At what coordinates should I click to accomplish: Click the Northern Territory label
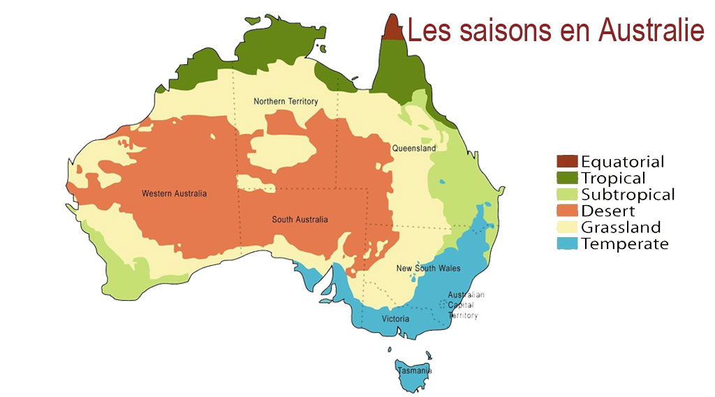click(x=286, y=102)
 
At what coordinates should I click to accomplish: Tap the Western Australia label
click(x=174, y=193)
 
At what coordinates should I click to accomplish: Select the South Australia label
click(x=300, y=220)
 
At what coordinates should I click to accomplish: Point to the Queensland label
click(x=413, y=149)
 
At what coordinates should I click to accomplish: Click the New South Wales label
click(x=428, y=269)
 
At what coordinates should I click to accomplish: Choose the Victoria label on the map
click(x=395, y=319)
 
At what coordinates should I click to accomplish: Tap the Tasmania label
click(x=414, y=370)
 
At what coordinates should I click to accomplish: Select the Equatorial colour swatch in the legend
click(x=567, y=163)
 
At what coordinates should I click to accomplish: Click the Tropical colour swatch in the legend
click(x=567, y=179)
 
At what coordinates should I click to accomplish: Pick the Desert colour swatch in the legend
click(x=567, y=211)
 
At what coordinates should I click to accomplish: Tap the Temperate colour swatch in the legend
click(x=567, y=244)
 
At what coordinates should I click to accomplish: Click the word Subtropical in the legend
click(x=628, y=195)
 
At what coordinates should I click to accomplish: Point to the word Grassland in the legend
click(x=620, y=227)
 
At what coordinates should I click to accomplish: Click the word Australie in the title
click(x=650, y=31)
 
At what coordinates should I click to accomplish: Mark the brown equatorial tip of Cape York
click(x=394, y=29)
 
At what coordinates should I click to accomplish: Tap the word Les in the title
click(x=427, y=31)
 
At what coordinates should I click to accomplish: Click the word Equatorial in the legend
click(x=622, y=163)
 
